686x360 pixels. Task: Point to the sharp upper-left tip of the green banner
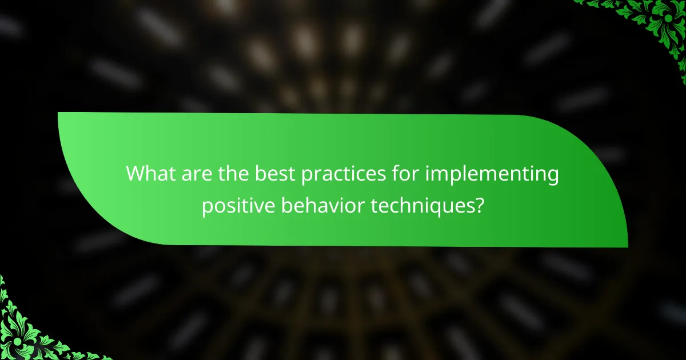(x=59, y=113)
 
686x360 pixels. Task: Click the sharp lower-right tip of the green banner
(x=627, y=246)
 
